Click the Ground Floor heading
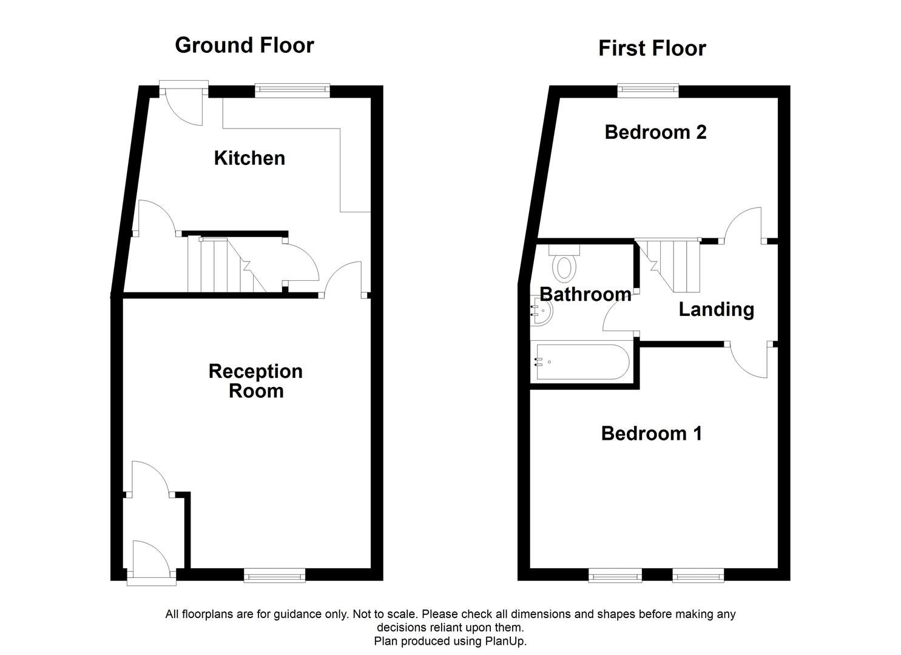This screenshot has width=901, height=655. pyautogui.click(x=244, y=45)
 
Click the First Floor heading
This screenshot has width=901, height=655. pyautogui.click(x=652, y=48)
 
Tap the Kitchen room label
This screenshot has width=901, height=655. pyautogui.click(x=249, y=158)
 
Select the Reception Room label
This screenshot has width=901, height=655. pyautogui.click(x=255, y=380)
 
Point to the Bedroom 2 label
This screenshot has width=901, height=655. pyautogui.click(x=655, y=132)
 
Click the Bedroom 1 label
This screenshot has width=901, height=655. pyautogui.click(x=651, y=433)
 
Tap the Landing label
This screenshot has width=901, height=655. pyautogui.click(x=716, y=309)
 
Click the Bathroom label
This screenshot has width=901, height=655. pyautogui.click(x=585, y=294)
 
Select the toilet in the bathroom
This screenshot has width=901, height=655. pyautogui.click(x=564, y=263)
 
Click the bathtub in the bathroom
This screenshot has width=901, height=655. pyautogui.click(x=579, y=363)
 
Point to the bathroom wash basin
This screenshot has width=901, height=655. pyautogui.click(x=541, y=311)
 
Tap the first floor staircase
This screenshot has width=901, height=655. pyautogui.click(x=670, y=264)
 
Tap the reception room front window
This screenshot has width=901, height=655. pyautogui.click(x=274, y=575)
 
